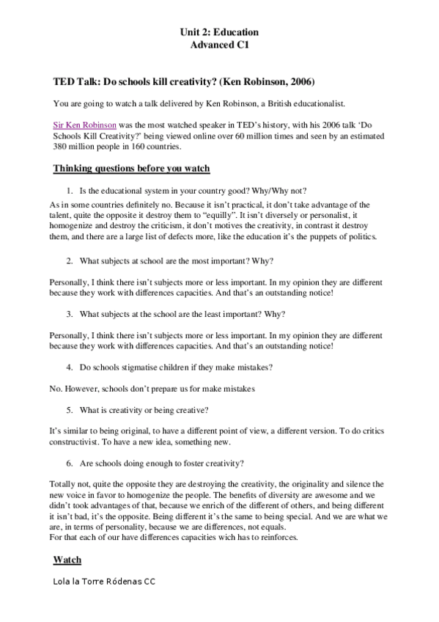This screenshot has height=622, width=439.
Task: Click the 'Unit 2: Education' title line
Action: (219, 32)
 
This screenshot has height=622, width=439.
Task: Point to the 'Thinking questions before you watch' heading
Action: (131, 168)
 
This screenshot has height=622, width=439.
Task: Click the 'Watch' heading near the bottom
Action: (67, 560)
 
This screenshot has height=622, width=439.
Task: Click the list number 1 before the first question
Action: (70, 190)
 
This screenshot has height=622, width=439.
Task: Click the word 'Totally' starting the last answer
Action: (63, 484)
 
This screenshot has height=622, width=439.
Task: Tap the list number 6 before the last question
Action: (70, 463)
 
